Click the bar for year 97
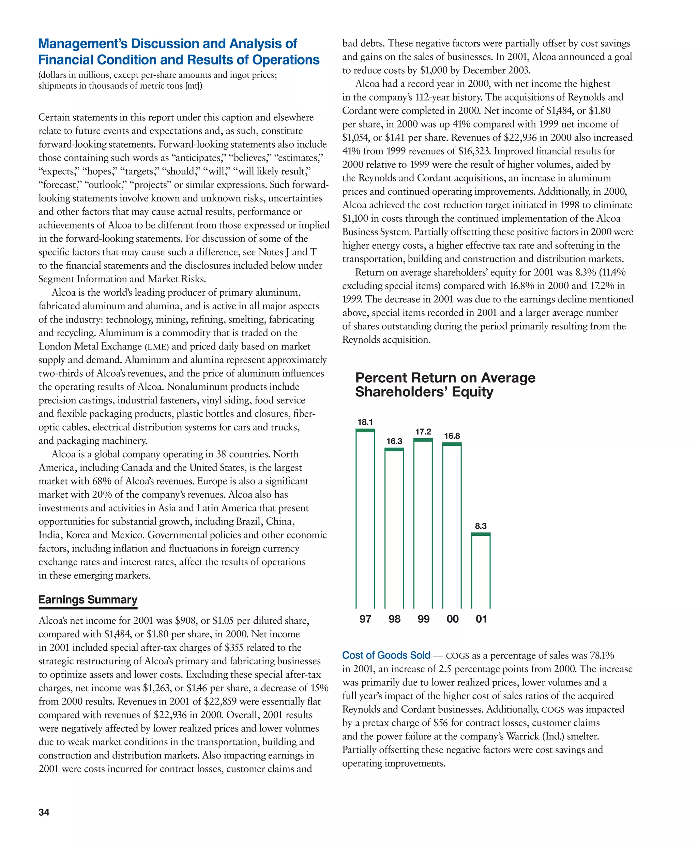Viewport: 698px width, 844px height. point(365,518)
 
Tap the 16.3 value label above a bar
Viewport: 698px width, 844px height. point(394,441)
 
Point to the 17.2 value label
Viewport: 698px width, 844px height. point(423,432)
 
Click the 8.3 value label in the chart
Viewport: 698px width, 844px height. point(481,526)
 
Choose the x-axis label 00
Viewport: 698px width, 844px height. point(452,619)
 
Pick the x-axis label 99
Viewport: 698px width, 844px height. point(423,619)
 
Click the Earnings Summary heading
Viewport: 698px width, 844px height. point(88,599)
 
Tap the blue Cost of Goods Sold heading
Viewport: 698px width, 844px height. point(386,655)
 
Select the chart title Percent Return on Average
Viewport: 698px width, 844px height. point(445,378)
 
